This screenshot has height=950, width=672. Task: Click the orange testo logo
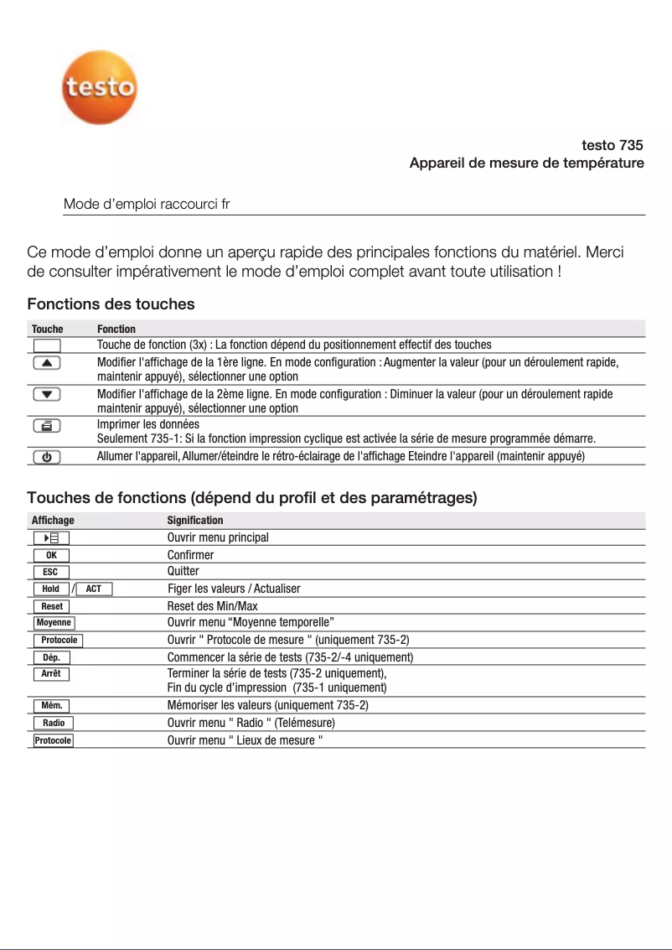(99, 86)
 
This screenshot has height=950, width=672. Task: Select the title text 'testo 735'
(612, 145)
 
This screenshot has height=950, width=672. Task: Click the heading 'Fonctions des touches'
(111, 304)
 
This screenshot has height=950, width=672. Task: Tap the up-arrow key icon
(47, 362)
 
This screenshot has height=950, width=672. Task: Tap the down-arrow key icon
(47, 394)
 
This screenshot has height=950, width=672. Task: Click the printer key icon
(47, 426)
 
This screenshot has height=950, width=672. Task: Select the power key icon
(47, 456)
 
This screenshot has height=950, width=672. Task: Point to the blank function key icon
(47, 345)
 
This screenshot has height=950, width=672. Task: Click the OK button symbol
(51, 555)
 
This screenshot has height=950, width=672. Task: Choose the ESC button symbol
(51, 572)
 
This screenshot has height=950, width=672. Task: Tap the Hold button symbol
(51, 589)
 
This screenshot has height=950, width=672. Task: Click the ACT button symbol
(94, 589)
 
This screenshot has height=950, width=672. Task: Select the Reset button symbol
(52, 606)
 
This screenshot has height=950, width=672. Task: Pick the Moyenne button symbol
(54, 622)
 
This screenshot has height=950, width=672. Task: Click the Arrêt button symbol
(51, 674)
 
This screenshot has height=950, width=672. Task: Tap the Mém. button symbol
(52, 705)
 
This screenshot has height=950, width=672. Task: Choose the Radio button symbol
(54, 723)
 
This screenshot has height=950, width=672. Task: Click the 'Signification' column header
(195, 521)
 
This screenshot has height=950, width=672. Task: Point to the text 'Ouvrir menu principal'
(218, 537)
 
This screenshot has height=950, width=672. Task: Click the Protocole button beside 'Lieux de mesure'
(53, 740)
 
